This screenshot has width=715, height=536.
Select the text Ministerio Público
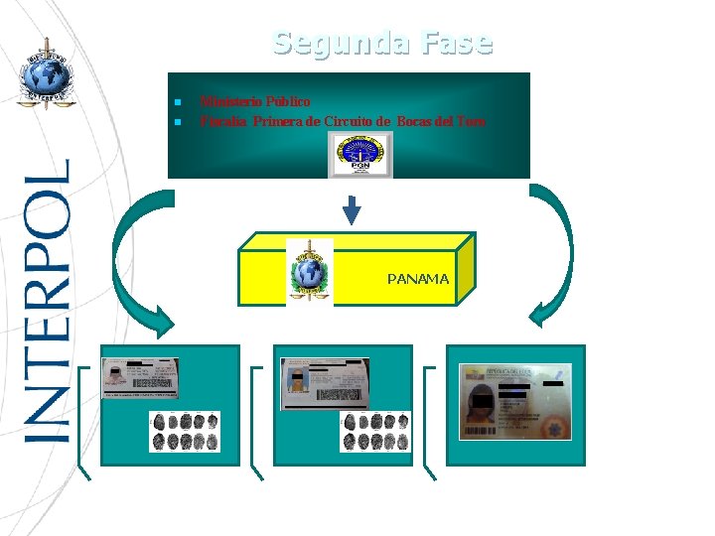(x=255, y=101)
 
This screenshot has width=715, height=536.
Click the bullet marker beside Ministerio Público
(x=176, y=102)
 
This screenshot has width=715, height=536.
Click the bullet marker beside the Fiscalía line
(x=176, y=122)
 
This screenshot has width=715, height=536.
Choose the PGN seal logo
(x=360, y=155)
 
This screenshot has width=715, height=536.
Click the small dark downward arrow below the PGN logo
(x=352, y=209)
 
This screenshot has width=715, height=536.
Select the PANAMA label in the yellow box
(x=418, y=279)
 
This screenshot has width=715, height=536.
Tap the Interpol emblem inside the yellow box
(x=309, y=270)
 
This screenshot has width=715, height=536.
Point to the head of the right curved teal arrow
(x=541, y=316)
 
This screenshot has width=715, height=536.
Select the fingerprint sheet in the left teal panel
(x=184, y=431)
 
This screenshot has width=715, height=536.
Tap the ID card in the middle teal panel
(x=324, y=382)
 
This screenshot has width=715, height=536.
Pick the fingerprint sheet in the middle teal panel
(x=374, y=431)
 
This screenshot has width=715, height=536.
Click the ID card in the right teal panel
(x=514, y=402)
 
